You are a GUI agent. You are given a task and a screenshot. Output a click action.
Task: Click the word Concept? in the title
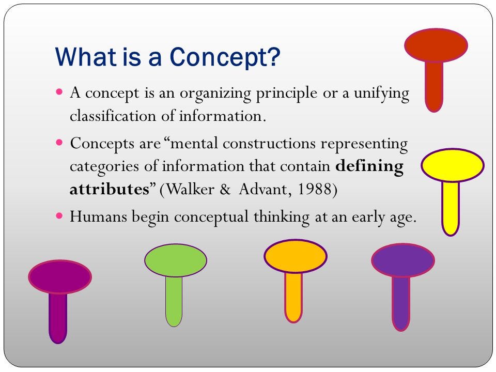coord(225,57)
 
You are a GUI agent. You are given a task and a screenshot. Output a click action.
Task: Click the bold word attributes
coord(110,189)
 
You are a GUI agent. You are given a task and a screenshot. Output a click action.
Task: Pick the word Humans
coord(98,216)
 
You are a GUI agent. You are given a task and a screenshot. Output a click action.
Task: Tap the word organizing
coord(215,94)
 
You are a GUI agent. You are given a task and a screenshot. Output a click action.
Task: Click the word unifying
coord(381,94)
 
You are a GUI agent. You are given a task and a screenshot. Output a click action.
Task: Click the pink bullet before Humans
coord(59,216)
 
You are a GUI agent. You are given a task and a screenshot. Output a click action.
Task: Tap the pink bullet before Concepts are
coord(59,143)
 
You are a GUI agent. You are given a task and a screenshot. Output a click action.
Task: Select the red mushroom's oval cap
coord(436,45)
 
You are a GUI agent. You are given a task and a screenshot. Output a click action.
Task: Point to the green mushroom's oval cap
coord(176,260)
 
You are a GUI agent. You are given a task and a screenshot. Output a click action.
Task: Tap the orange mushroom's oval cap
coord(296,256)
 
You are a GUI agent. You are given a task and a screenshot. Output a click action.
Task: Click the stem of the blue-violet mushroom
coord(401,303)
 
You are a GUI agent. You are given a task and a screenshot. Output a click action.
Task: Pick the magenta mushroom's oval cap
coord(60,277)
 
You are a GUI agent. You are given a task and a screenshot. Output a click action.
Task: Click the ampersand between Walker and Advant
coord(225,189)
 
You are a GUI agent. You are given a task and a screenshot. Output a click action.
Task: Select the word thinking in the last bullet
coord(282,216)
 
